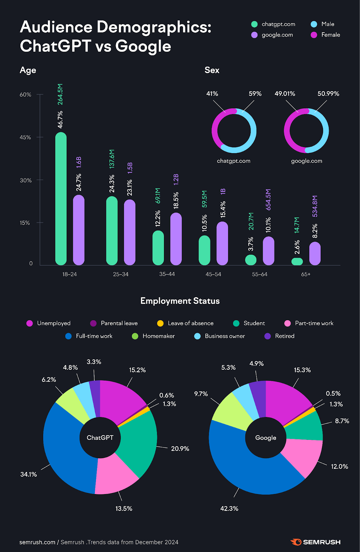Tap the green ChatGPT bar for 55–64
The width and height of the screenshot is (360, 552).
(251, 260)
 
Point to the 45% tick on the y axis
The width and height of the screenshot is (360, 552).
(26, 137)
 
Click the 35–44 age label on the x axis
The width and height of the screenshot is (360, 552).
(167, 274)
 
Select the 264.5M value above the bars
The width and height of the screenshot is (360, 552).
(60, 94)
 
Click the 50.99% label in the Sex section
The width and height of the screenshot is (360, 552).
(328, 94)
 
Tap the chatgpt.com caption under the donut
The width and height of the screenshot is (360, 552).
(234, 161)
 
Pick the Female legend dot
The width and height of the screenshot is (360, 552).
(314, 35)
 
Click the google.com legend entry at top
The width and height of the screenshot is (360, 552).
(277, 35)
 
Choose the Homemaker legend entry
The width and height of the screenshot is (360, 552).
(158, 336)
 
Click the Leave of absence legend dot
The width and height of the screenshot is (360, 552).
(160, 323)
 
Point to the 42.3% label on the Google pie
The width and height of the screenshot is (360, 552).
(229, 509)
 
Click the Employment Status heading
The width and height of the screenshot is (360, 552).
(180, 301)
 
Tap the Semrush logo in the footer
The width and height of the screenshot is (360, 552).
(315, 542)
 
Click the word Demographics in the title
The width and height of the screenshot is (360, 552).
(154, 27)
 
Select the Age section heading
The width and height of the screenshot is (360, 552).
(28, 70)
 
